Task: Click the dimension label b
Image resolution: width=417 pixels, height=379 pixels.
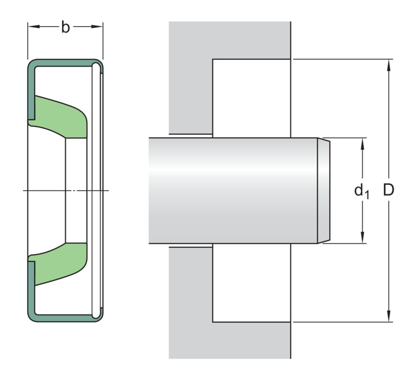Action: coord(65,28)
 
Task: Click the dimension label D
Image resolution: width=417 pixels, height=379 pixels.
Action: coord(389,190)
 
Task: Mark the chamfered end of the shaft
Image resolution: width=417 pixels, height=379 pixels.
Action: coord(323,191)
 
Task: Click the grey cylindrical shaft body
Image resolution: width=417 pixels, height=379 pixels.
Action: coord(232,191)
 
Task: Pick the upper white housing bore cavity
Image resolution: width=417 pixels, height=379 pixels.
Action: coord(251,97)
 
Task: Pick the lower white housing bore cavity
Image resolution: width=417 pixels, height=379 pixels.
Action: coord(251,283)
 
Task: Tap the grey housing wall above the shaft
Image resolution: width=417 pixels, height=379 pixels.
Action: coord(190,76)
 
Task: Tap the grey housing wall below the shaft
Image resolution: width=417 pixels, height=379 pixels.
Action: coord(190,304)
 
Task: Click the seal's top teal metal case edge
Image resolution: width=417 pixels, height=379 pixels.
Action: coord(64,63)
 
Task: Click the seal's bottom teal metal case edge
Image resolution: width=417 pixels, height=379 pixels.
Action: coord(64,318)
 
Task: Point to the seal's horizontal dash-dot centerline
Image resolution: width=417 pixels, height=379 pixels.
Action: coord(47,191)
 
